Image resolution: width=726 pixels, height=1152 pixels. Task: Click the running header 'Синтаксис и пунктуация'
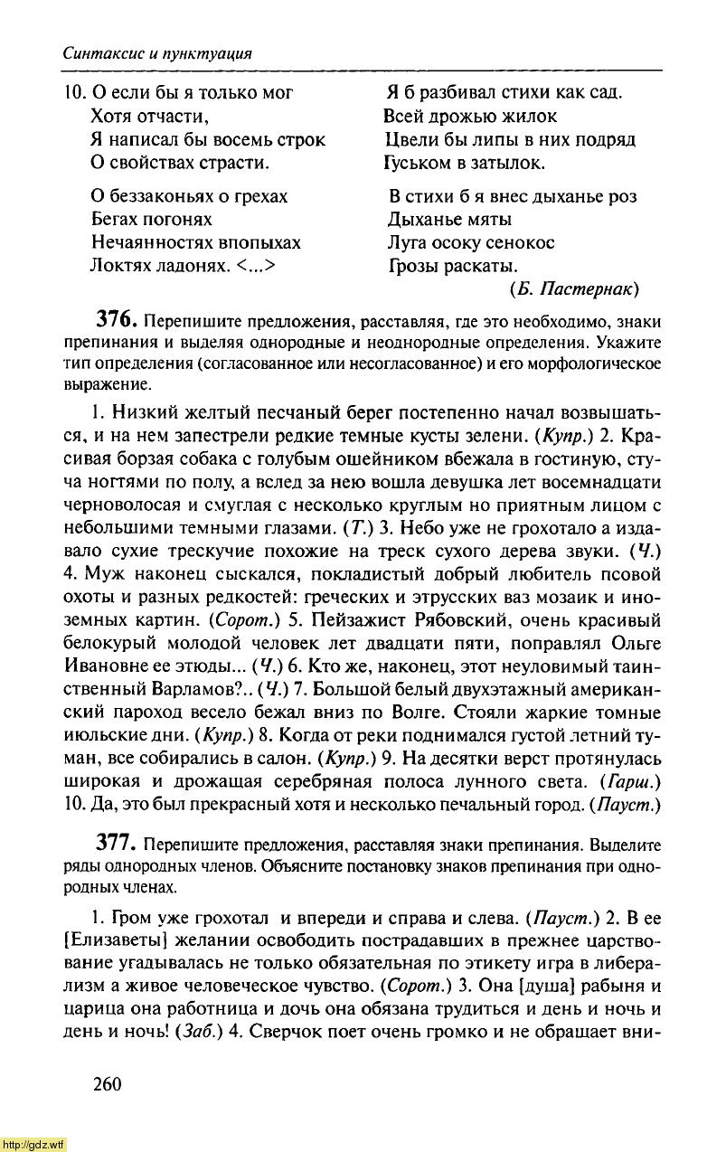156,53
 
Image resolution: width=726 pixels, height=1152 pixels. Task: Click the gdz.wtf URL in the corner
33,1144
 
